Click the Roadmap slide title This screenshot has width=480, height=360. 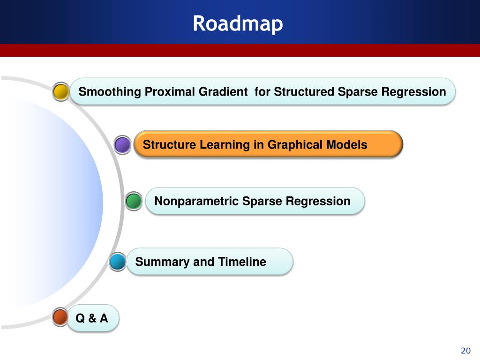[238, 23]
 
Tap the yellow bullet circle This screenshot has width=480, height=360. [61, 91]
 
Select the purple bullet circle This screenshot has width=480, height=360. [122, 145]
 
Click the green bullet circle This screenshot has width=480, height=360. [134, 201]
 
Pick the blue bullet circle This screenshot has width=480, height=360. [118, 262]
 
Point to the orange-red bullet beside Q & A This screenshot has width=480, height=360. [60, 317]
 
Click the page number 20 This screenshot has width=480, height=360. [465, 351]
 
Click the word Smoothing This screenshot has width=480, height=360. [110, 92]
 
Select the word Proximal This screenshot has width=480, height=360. [170, 91]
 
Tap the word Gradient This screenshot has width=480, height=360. [223, 91]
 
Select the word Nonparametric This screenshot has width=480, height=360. [196, 201]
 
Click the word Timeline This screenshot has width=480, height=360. [242, 262]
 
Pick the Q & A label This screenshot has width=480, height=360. [92, 318]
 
